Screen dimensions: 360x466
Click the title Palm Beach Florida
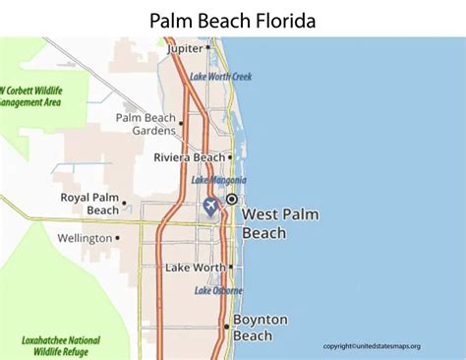click(x=233, y=20)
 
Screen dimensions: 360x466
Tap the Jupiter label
click(x=185, y=47)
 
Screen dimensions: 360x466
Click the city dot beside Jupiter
click(x=208, y=47)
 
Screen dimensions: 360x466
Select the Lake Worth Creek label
click(x=222, y=76)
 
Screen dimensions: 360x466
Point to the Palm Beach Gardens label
click(x=145, y=125)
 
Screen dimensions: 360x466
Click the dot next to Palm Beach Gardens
click(x=182, y=124)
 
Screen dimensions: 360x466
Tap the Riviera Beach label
click(x=189, y=156)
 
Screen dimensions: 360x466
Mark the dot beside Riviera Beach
click(x=230, y=156)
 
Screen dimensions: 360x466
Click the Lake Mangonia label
click(x=218, y=180)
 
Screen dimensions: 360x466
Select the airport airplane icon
click(x=210, y=205)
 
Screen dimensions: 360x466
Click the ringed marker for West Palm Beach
click(x=231, y=199)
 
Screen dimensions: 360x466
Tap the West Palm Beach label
click(x=278, y=224)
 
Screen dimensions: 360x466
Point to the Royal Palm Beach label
click(x=89, y=204)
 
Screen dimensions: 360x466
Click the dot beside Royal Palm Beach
click(x=125, y=209)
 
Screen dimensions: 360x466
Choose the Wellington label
click(x=86, y=238)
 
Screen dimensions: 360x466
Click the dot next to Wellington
click(x=118, y=237)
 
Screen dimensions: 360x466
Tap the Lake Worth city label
click(x=195, y=268)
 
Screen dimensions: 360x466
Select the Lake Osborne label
click(x=217, y=290)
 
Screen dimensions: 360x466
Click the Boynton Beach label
click(x=261, y=328)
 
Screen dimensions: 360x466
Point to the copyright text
click(x=372, y=346)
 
